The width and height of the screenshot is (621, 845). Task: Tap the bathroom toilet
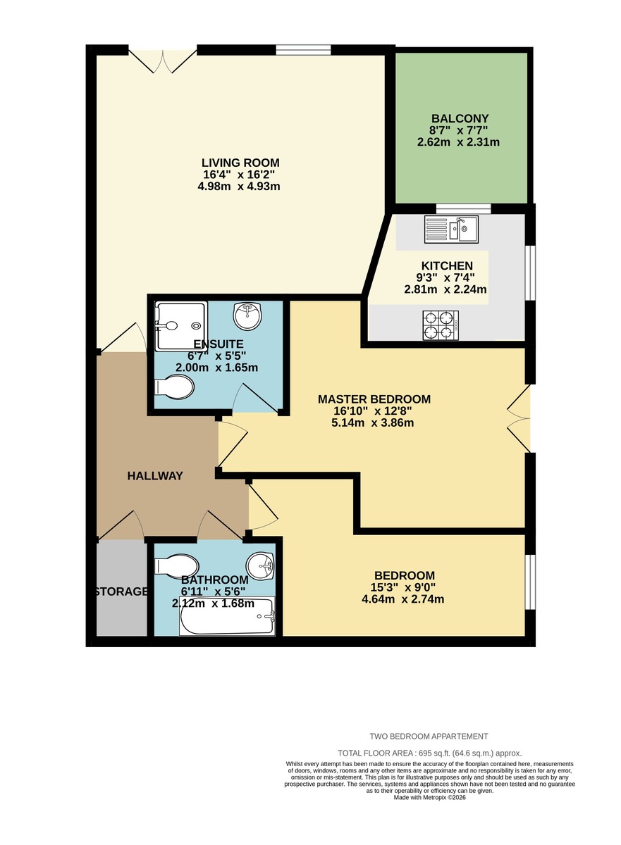tap(176, 565)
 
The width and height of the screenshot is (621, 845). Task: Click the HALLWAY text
tap(155, 476)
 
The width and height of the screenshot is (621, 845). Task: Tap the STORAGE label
tap(122, 591)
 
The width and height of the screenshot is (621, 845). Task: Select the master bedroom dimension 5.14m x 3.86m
tap(372, 423)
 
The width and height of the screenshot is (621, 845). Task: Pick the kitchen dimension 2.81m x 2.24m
tap(445, 289)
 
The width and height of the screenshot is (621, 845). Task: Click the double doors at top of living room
tap(163, 61)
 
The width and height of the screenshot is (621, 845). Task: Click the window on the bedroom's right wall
tap(531, 580)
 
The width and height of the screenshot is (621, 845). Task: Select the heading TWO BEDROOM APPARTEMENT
tap(429, 737)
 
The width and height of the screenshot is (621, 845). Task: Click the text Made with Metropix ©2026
tap(429, 797)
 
